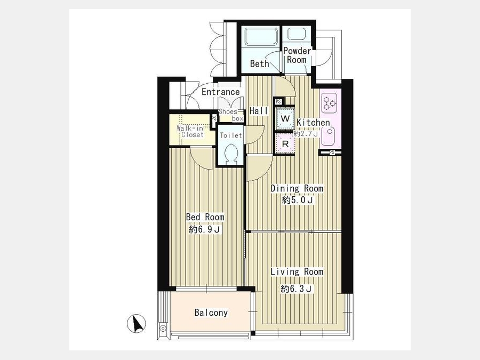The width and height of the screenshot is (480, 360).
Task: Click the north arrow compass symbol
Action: pos(136,324)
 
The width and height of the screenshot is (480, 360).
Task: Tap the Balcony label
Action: pos(211,313)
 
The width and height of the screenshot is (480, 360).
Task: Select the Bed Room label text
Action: pos(205,217)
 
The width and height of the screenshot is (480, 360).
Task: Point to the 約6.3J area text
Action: pos(297,289)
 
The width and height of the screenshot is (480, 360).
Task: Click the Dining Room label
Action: pos(297,188)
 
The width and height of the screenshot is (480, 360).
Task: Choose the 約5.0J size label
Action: pos(298,201)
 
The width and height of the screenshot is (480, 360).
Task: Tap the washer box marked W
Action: pos(285,119)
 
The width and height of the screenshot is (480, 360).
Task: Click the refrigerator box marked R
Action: pos(285,143)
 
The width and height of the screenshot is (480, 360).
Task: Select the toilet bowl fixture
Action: pos(231,154)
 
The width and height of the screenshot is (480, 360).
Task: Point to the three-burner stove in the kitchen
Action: pos(329,102)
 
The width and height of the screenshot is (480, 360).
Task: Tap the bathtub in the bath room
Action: pos(260,36)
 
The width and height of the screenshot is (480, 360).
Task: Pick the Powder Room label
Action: pos(297,55)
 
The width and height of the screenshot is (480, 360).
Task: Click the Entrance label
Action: pos(221,92)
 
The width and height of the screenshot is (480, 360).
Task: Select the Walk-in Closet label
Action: pos(190,132)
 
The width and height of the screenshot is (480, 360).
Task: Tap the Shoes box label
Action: pos(231,115)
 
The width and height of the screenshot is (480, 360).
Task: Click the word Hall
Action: pos(259,111)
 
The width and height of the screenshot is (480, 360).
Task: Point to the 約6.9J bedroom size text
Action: pos(205,229)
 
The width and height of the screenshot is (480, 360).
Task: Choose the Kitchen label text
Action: pos(313,123)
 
